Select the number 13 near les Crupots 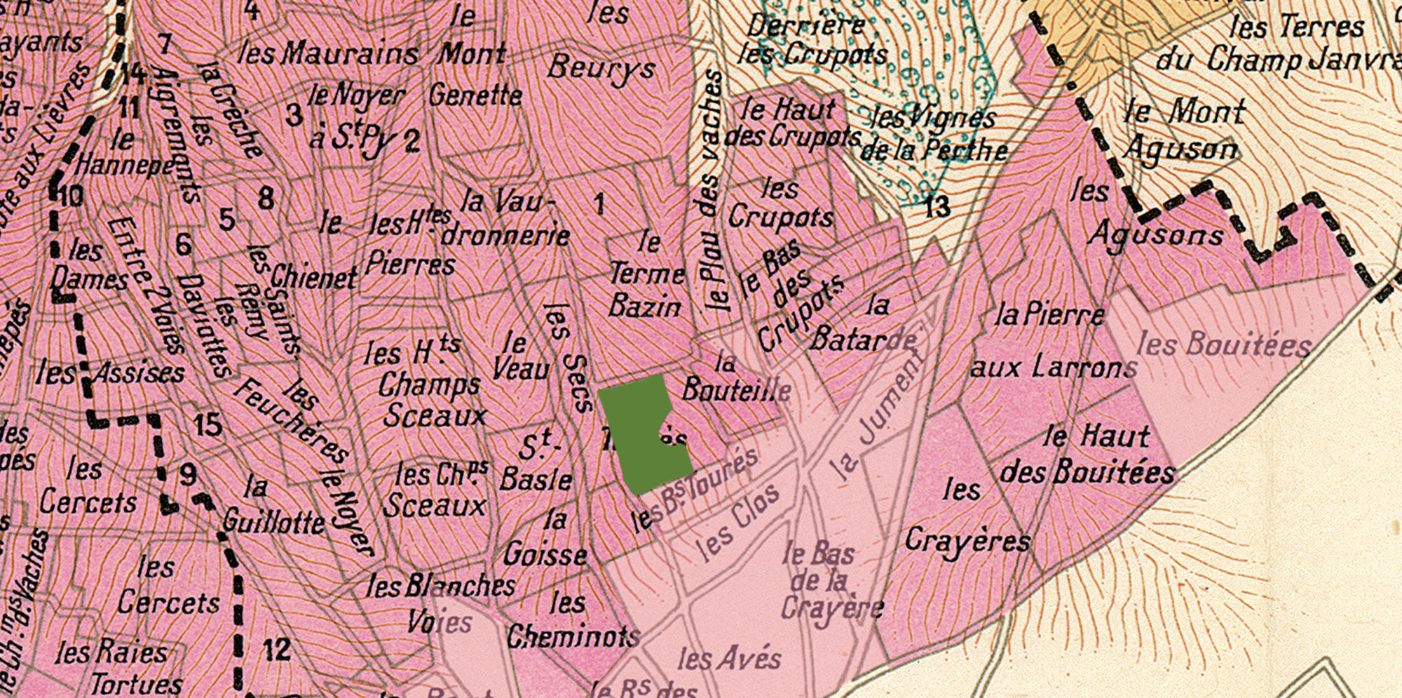pos(937,206)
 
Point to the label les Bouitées pos(1223,344)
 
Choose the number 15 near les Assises pos(208,425)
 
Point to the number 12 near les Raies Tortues pos(276,650)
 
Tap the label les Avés pos(729,658)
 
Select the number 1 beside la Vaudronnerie pos(599,204)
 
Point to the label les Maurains pos(328,53)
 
